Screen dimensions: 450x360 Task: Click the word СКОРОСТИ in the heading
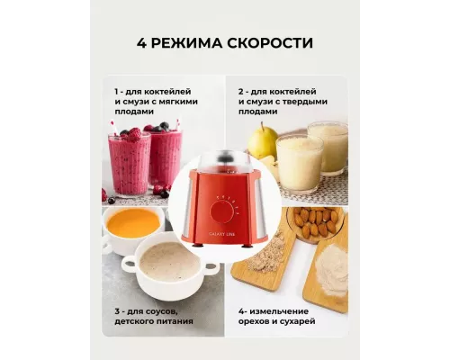point(270,43)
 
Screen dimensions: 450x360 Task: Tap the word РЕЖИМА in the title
point(186,43)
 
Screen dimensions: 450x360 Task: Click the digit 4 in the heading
point(141,43)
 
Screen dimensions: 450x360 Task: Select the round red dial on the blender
point(223,211)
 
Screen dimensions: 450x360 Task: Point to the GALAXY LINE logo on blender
point(222,234)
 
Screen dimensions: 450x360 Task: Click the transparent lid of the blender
point(224,163)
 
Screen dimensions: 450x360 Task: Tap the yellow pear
point(262,141)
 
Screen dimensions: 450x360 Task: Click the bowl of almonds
point(314,223)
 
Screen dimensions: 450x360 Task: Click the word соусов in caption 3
point(160,311)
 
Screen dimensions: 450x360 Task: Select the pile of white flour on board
point(331,268)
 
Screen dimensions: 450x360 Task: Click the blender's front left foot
point(198,246)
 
